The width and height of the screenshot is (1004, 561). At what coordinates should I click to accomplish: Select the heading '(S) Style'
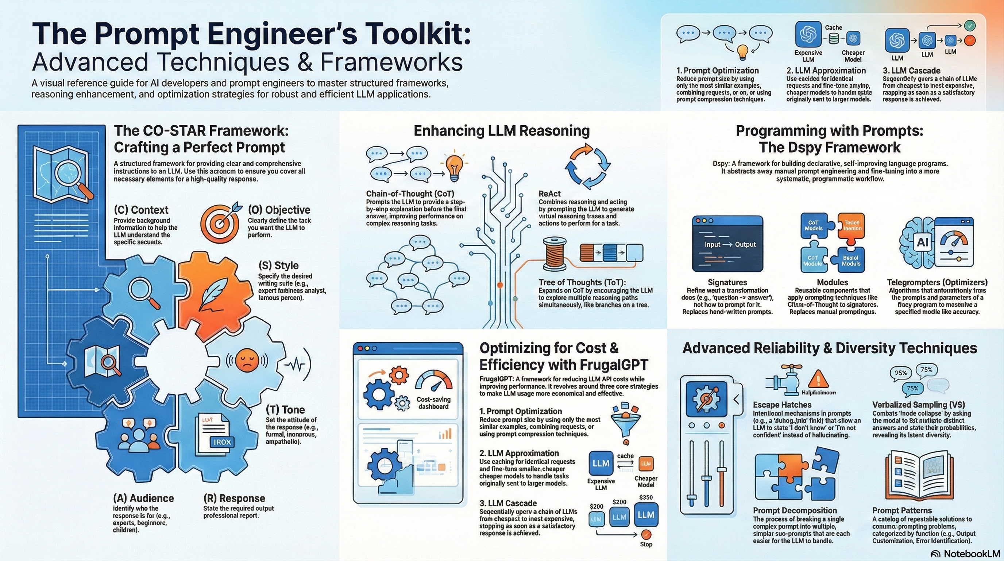click(278, 265)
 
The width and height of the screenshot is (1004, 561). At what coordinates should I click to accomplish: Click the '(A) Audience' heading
click(143, 498)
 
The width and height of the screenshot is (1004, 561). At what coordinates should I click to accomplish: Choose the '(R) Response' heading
click(234, 498)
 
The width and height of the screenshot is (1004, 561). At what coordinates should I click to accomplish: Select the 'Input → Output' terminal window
click(727, 244)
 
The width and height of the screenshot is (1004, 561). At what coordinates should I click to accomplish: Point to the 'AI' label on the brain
click(922, 242)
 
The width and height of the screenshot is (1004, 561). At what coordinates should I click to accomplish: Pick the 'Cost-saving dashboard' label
click(433, 402)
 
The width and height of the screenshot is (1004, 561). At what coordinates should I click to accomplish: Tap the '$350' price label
click(646, 497)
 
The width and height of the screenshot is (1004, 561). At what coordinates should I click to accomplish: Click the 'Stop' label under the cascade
click(646, 544)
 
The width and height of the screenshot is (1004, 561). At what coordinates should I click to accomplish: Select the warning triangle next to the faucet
click(818, 378)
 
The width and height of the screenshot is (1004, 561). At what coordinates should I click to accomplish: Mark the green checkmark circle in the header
click(969, 26)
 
